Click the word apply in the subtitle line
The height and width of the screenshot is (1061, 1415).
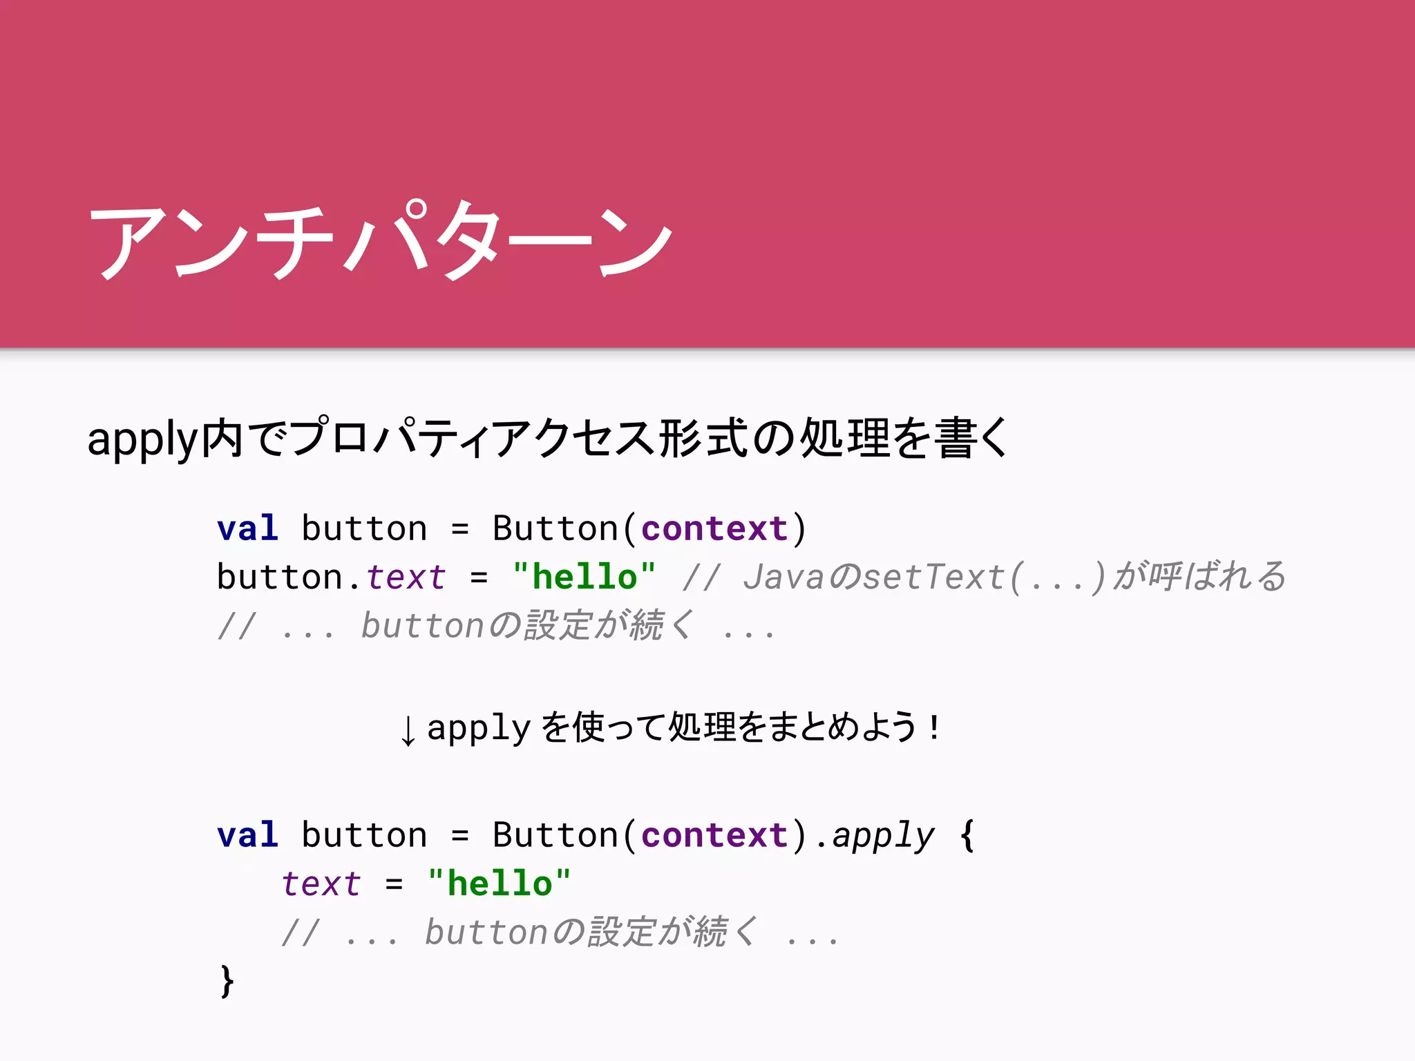[142, 439]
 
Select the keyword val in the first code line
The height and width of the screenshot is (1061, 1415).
[247, 528]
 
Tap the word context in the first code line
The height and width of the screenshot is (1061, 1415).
[714, 528]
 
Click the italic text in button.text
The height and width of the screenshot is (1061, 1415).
[406, 577]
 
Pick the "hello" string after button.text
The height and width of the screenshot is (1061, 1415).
[584, 577]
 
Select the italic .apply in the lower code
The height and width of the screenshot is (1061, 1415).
[876, 835]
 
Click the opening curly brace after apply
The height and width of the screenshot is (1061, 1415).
[967, 835]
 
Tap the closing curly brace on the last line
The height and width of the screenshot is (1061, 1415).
[227, 981]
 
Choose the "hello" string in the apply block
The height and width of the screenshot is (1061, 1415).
[499, 883]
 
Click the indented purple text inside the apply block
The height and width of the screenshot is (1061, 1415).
[321, 883]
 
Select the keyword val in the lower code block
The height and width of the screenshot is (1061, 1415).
[247, 835]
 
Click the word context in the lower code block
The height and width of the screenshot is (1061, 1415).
[714, 835]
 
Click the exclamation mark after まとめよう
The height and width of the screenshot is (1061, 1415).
[935, 727]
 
